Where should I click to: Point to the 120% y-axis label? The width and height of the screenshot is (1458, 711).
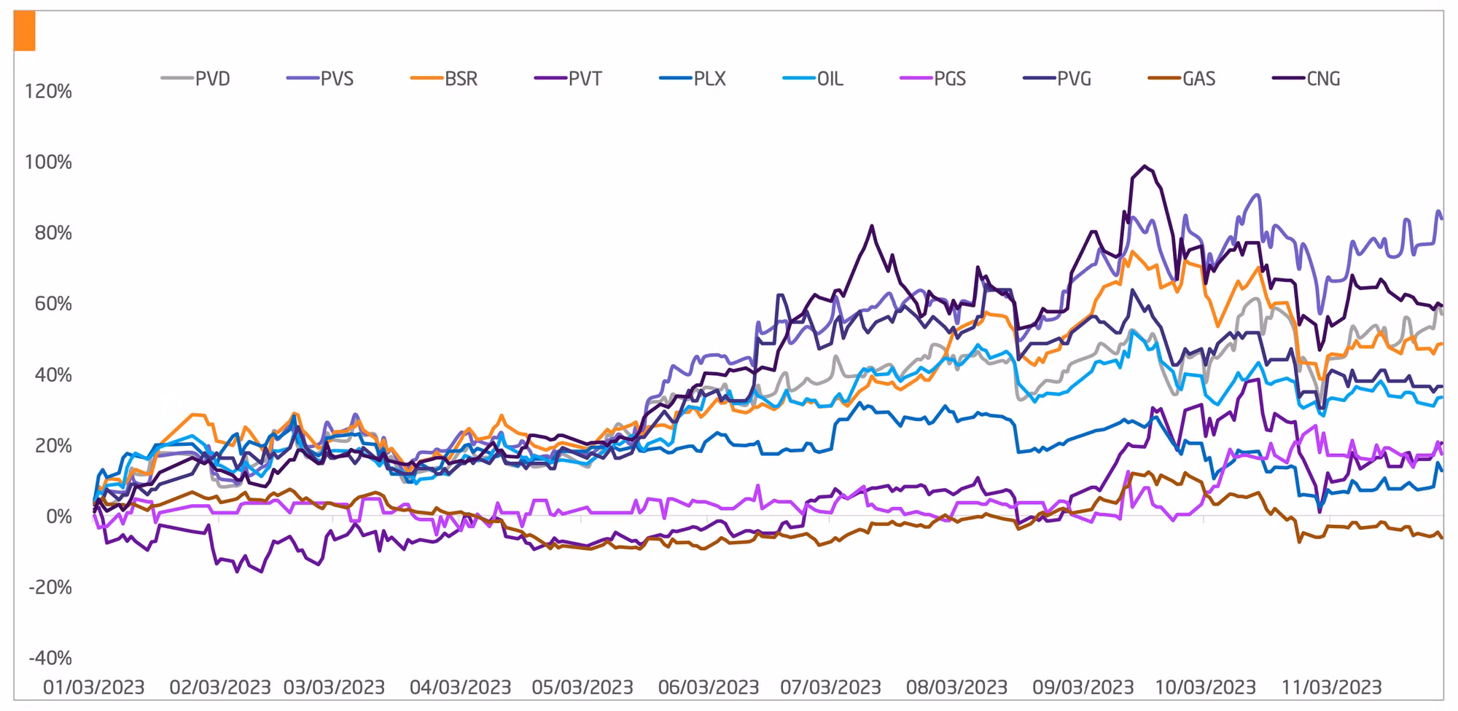pyautogui.click(x=48, y=92)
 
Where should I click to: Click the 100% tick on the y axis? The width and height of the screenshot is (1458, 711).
pyautogui.click(x=48, y=162)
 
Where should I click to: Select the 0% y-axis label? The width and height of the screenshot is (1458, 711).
pyautogui.click(x=58, y=517)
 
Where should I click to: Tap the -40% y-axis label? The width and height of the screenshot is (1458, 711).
pyautogui.click(x=50, y=659)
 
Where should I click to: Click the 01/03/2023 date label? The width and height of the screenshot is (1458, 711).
pyautogui.click(x=94, y=688)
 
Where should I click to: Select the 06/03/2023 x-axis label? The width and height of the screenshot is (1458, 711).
pyautogui.click(x=709, y=688)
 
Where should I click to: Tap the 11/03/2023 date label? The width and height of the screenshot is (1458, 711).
pyautogui.click(x=1332, y=688)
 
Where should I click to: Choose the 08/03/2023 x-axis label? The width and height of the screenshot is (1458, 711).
pyautogui.click(x=956, y=688)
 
